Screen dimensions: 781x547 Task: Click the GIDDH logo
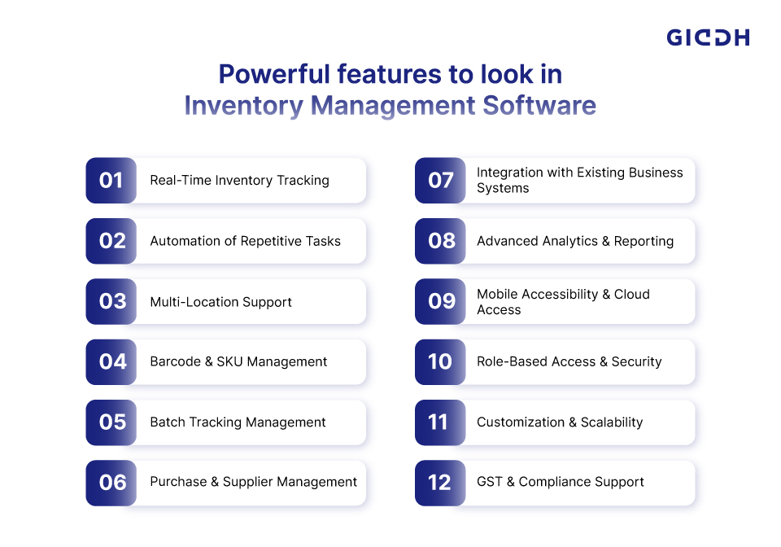pyautogui.click(x=708, y=37)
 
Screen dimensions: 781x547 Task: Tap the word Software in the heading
pyautogui.click(x=539, y=106)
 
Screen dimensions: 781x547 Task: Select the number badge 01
pyautogui.click(x=111, y=181)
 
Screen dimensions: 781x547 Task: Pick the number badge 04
pyautogui.click(x=111, y=361)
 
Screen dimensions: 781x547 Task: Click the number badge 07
pyautogui.click(x=440, y=181)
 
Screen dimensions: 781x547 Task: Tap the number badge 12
pyautogui.click(x=440, y=483)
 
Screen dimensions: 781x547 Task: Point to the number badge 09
pyautogui.click(x=440, y=301)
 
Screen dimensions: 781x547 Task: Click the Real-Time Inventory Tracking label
pyautogui.click(x=239, y=181)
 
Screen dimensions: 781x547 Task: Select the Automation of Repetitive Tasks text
pyautogui.click(x=246, y=241)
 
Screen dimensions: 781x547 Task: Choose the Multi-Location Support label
pyautogui.click(x=221, y=302)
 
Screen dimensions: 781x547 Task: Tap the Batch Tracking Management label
pyautogui.click(x=238, y=422)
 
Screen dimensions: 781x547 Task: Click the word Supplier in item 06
pyautogui.click(x=247, y=482)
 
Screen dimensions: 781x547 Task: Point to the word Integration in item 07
pyautogui.click(x=509, y=173)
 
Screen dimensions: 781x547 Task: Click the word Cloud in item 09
pyautogui.click(x=631, y=294)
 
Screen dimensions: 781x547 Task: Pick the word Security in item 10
pyautogui.click(x=636, y=361)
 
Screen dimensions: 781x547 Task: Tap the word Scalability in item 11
pyautogui.click(x=612, y=422)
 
